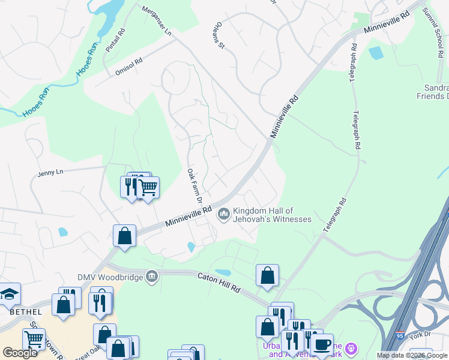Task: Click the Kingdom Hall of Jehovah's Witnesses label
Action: coord(272,215)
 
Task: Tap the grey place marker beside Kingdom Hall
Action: coord(224,214)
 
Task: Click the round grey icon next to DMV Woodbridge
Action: coord(152,276)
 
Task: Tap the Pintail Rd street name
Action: coord(115,40)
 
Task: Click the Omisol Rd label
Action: coord(129,67)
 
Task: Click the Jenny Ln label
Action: coord(50,173)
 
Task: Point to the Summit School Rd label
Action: coord(433,28)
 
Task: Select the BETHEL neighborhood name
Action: coord(25,312)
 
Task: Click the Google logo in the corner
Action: coord(20,353)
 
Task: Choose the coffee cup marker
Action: coord(322,344)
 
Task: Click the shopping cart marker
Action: coord(148,187)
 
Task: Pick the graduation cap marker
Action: coord(10,293)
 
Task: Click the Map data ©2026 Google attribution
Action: coord(412,355)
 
